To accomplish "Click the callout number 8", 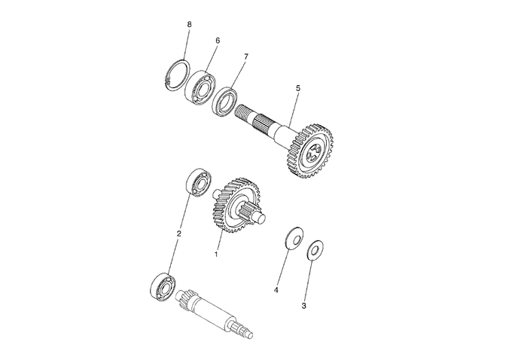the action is [x=189, y=25].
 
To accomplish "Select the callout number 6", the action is [x=218, y=41].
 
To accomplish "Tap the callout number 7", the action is [x=246, y=56].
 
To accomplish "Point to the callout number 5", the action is [x=298, y=88].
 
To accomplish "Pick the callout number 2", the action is [x=179, y=233].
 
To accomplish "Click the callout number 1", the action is [x=216, y=254].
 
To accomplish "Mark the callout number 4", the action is [x=276, y=290].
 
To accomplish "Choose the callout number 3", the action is [x=304, y=306].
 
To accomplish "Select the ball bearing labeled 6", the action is [x=200, y=86].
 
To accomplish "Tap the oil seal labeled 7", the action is [x=225, y=102].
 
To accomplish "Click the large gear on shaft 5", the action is [x=311, y=151].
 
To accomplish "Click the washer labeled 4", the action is [x=294, y=238].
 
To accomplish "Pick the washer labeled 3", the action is [x=315, y=250].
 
